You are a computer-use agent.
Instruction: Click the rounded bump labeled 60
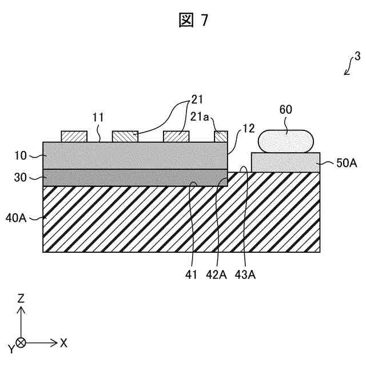(287, 140)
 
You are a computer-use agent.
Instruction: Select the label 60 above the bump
(287, 109)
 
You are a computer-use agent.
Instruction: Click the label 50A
(346, 163)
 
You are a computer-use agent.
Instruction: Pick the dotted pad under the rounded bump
(285, 162)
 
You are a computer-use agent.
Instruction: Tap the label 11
(98, 118)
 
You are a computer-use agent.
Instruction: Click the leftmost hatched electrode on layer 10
(74, 137)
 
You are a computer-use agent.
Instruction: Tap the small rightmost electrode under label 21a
(221, 137)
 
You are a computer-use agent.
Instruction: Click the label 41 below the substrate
(192, 275)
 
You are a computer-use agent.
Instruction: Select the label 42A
(217, 275)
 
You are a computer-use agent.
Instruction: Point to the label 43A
(245, 275)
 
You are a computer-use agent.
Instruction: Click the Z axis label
(21, 299)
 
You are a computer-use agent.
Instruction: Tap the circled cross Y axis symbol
(21, 343)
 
